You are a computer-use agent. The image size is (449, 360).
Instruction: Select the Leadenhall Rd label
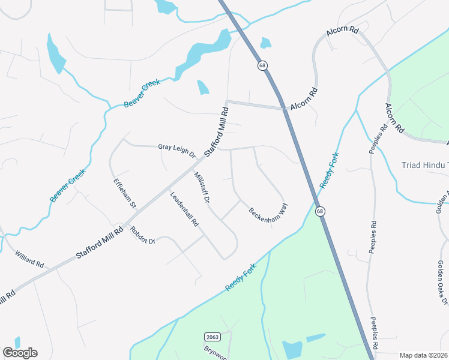tap(184, 208)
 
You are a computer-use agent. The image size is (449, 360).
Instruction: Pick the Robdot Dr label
tap(143, 235)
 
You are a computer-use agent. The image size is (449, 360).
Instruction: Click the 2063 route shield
tap(211, 337)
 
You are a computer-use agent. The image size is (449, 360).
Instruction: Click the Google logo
tap(20, 352)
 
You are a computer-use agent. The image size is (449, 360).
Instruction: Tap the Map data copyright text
tap(423, 355)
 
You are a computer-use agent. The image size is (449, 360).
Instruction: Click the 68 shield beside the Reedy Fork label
tap(320, 211)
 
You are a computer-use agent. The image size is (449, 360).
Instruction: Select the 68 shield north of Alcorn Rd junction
tap(262, 65)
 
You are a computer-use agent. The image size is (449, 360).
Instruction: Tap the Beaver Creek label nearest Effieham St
tap(68, 185)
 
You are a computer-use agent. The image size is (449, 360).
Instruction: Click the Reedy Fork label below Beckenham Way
tap(241, 277)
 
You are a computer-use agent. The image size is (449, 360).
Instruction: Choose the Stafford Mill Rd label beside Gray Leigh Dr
tap(217, 131)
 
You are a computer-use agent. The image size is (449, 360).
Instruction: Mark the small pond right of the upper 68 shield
tap(265, 43)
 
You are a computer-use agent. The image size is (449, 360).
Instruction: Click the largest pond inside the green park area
tap(292, 349)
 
